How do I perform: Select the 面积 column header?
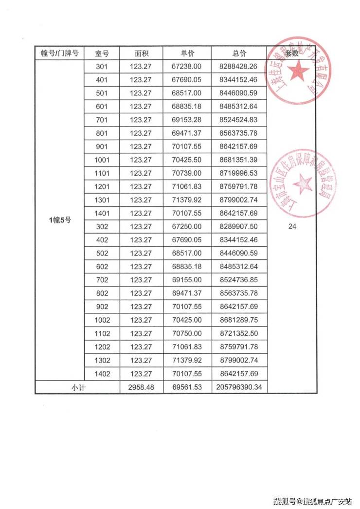click(x=141, y=53)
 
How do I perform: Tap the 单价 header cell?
click(x=187, y=53)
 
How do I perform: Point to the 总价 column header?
click(x=239, y=53)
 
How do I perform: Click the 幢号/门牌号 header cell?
click(x=60, y=53)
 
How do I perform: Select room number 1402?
click(x=103, y=373)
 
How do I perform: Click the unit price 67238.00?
click(x=187, y=66)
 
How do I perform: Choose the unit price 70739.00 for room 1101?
click(x=187, y=173)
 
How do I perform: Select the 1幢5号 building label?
click(x=60, y=220)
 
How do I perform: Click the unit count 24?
click(x=292, y=226)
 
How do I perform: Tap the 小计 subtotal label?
click(x=78, y=387)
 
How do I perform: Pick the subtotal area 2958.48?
click(x=141, y=387)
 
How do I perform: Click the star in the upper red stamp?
click(x=298, y=72)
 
